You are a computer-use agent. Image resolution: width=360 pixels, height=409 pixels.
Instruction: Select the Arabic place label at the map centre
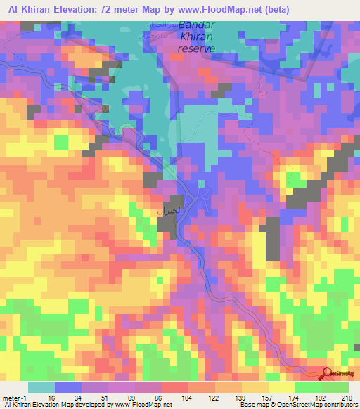click(169, 211)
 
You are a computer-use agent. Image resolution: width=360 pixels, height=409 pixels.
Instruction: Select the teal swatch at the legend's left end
click(41, 387)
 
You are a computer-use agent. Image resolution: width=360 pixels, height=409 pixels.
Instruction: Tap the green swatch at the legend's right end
click(335, 387)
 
